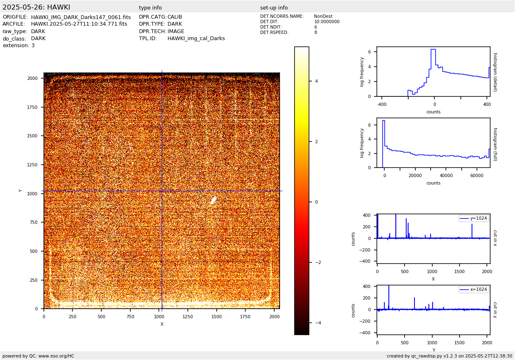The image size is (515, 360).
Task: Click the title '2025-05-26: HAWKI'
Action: click(x=36, y=7)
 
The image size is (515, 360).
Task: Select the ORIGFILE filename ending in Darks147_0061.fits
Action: click(x=81, y=17)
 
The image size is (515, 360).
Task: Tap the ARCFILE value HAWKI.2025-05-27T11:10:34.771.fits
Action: click(x=79, y=24)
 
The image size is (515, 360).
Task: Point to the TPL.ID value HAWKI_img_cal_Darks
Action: click(x=196, y=38)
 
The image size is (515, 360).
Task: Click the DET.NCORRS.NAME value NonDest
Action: click(x=323, y=17)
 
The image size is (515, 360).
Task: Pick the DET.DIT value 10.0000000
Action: click(x=327, y=22)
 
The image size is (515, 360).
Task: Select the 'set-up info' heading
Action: click(x=274, y=8)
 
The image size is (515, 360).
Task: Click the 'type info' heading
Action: click(x=151, y=8)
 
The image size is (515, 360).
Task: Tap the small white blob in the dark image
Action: click(x=213, y=201)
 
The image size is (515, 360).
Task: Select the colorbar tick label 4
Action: click(x=316, y=81)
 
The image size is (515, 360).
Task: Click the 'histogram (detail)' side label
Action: click(x=495, y=72)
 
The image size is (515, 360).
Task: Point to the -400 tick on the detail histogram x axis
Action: click(x=381, y=104)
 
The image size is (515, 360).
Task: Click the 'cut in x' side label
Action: click(x=495, y=238)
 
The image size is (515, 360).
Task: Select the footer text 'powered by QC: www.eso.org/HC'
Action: click(x=38, y=356)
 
